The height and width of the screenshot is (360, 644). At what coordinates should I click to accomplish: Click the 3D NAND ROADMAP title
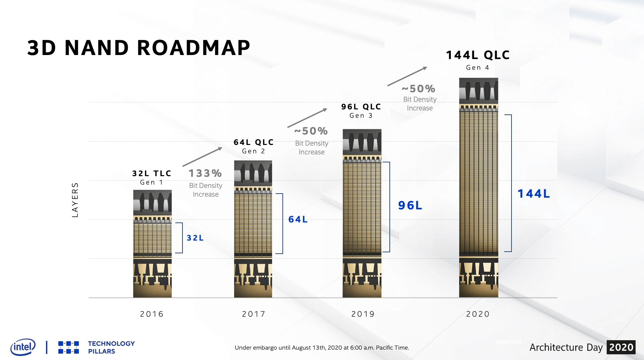139,48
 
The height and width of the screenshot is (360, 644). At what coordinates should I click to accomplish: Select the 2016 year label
152,314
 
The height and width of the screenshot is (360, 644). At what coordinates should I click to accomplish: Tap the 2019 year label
363,314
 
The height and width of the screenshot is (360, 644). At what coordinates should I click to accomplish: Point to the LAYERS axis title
75,200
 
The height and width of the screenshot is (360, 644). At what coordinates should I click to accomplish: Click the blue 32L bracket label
195,238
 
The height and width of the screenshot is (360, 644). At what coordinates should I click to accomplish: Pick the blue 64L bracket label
298,219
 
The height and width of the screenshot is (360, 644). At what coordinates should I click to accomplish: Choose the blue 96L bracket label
410,205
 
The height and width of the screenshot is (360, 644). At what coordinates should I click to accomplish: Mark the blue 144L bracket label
534,194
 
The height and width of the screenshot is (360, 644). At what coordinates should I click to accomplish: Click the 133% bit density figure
205,173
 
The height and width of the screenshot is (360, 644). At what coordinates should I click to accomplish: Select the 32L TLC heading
152,173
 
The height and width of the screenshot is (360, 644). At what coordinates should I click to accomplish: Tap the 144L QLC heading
478,55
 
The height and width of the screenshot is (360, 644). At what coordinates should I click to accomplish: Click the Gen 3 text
361,116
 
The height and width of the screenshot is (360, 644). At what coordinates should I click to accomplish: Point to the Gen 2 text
254,151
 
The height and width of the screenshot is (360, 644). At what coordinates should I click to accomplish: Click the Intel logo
23,347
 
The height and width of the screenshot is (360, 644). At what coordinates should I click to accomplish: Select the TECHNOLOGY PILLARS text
111,347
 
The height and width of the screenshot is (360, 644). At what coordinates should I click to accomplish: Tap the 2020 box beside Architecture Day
621,347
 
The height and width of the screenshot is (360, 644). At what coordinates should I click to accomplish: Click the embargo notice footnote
322,348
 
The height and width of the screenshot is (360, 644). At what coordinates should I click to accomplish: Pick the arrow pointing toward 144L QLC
407,76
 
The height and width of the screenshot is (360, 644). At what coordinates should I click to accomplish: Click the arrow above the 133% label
202,157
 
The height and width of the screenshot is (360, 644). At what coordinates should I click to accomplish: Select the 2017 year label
254,314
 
